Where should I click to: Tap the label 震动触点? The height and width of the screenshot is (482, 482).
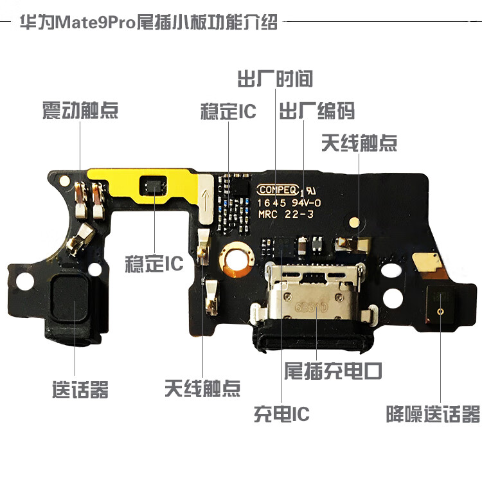[80, 110]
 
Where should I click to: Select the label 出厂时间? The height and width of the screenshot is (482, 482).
[275, 78]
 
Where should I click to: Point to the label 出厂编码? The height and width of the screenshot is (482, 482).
[316, 111]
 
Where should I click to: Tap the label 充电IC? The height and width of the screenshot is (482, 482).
[281, 414]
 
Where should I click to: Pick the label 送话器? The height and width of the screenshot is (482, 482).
[80, 389]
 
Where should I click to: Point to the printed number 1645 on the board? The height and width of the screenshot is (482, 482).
[271, 202]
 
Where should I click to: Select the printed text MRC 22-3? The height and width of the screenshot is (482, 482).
[285, 215]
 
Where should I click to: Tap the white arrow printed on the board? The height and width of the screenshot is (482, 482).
[205, 197]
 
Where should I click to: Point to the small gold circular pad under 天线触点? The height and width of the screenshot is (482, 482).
[354, 220]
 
